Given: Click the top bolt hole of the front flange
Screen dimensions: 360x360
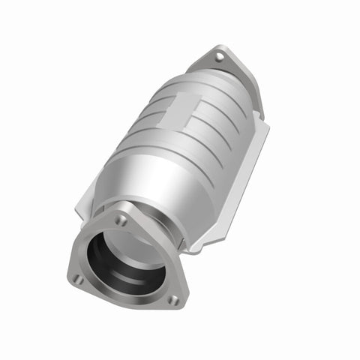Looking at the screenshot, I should point(121,220).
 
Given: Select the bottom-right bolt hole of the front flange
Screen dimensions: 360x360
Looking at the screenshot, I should point(173,300).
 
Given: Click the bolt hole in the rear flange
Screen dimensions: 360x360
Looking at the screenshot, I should point(218,56).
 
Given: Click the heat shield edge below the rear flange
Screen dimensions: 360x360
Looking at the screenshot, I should point(259,124).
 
